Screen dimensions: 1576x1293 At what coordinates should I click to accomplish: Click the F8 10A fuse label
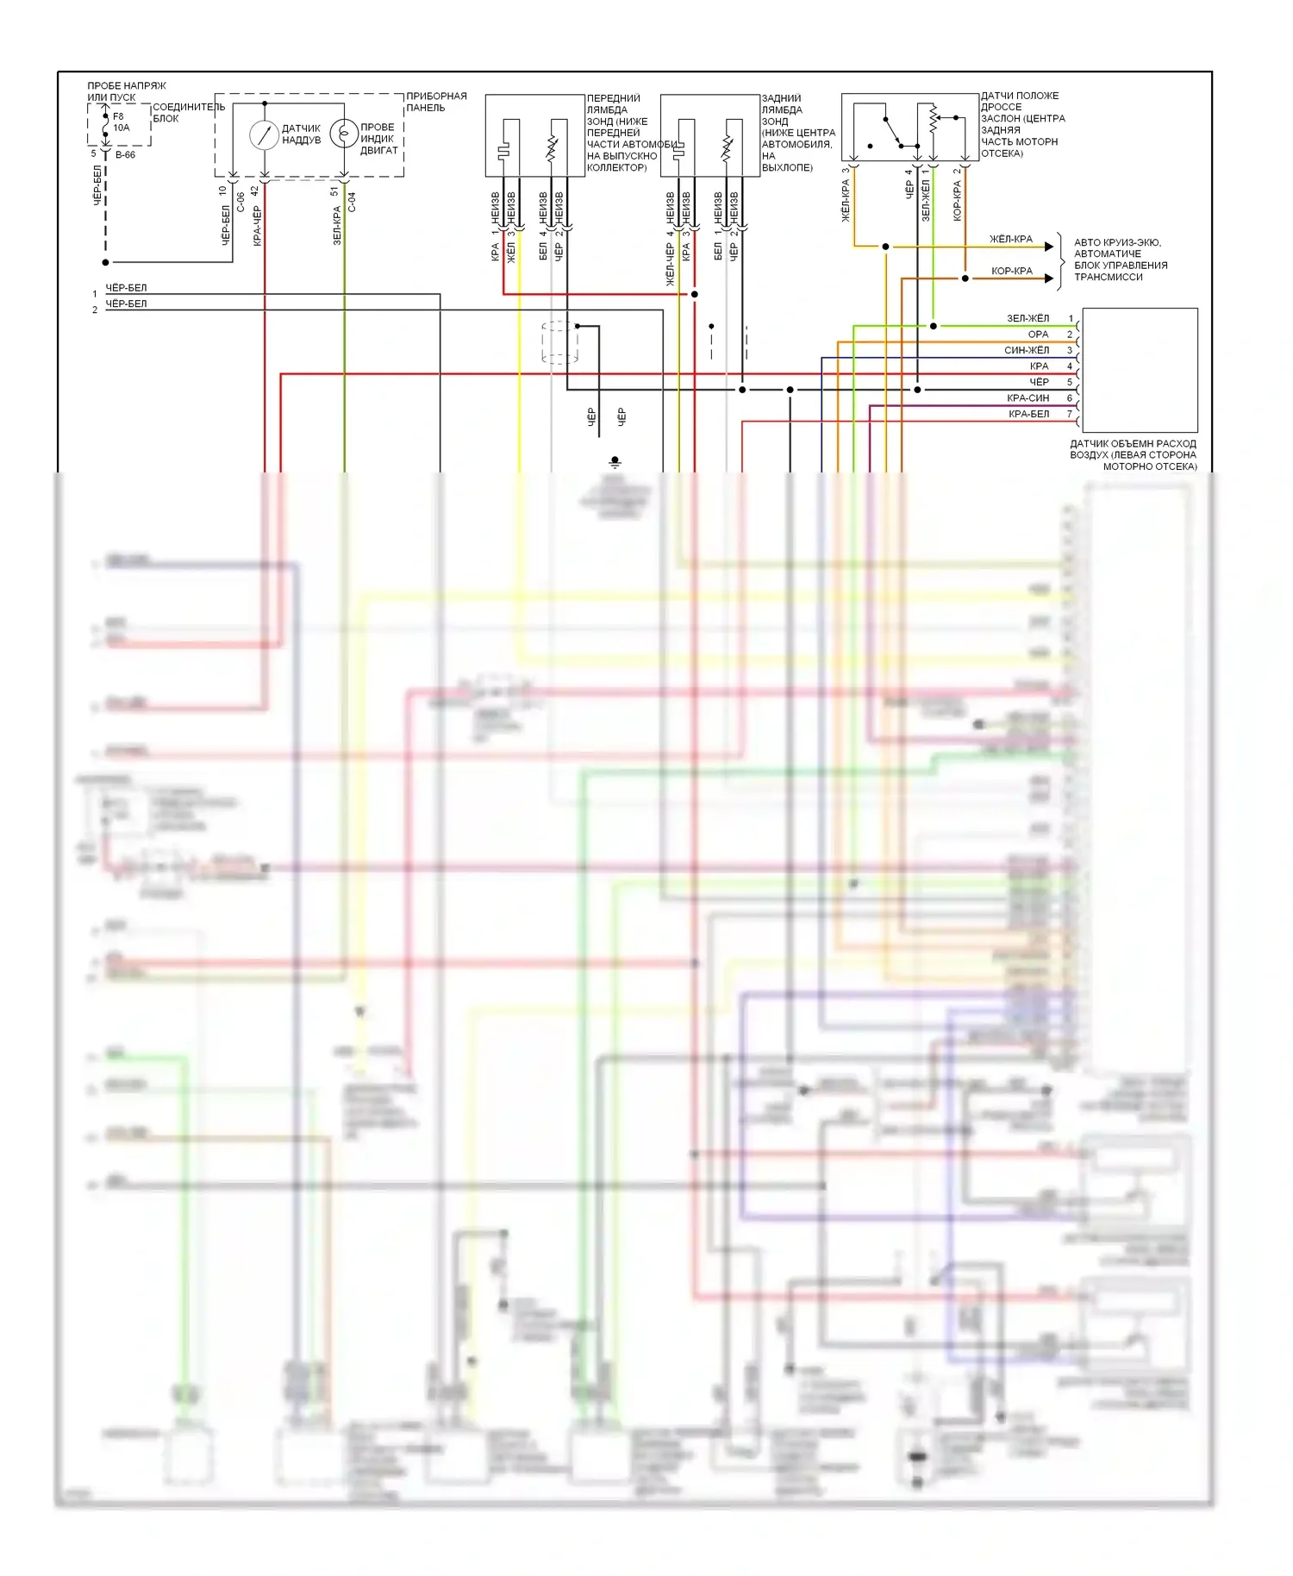pos(121,122)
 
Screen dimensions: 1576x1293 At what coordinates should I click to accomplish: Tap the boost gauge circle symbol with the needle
pos(264,134)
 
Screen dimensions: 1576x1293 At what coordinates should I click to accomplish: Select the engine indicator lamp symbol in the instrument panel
pos(344,134)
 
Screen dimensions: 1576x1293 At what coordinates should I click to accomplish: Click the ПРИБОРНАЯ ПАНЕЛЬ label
pos(436,102)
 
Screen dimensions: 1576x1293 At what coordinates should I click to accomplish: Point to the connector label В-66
pos(126,155)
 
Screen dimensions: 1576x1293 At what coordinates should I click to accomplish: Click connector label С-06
pos(240,201)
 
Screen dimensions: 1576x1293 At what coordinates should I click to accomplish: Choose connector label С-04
pos(352,202)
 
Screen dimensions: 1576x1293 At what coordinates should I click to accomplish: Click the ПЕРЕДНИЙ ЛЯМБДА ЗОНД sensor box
pos(534,135)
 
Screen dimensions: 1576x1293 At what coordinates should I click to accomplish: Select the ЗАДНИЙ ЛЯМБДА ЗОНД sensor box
pos(709,135)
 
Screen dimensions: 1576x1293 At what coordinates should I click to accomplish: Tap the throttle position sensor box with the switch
pos(909,128)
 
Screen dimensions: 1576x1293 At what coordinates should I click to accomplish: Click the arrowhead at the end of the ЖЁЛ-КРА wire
pos(1049,247)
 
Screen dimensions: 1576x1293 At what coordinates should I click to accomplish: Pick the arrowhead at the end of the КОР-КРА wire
pos(1049,278)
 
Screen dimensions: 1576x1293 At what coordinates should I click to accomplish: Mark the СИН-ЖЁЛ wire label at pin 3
pos(1027,351)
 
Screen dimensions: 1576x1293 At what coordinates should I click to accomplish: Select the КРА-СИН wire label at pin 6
pos(1028,398)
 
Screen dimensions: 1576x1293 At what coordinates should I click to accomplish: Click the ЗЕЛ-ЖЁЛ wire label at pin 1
pos(1028,319)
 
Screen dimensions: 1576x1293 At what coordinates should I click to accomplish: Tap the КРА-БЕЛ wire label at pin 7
pos(1028,415)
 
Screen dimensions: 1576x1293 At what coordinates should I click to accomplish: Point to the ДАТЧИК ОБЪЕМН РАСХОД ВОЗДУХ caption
pos(1133,455)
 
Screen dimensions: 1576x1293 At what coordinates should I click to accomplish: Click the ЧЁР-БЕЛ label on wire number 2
pos(126,304)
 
